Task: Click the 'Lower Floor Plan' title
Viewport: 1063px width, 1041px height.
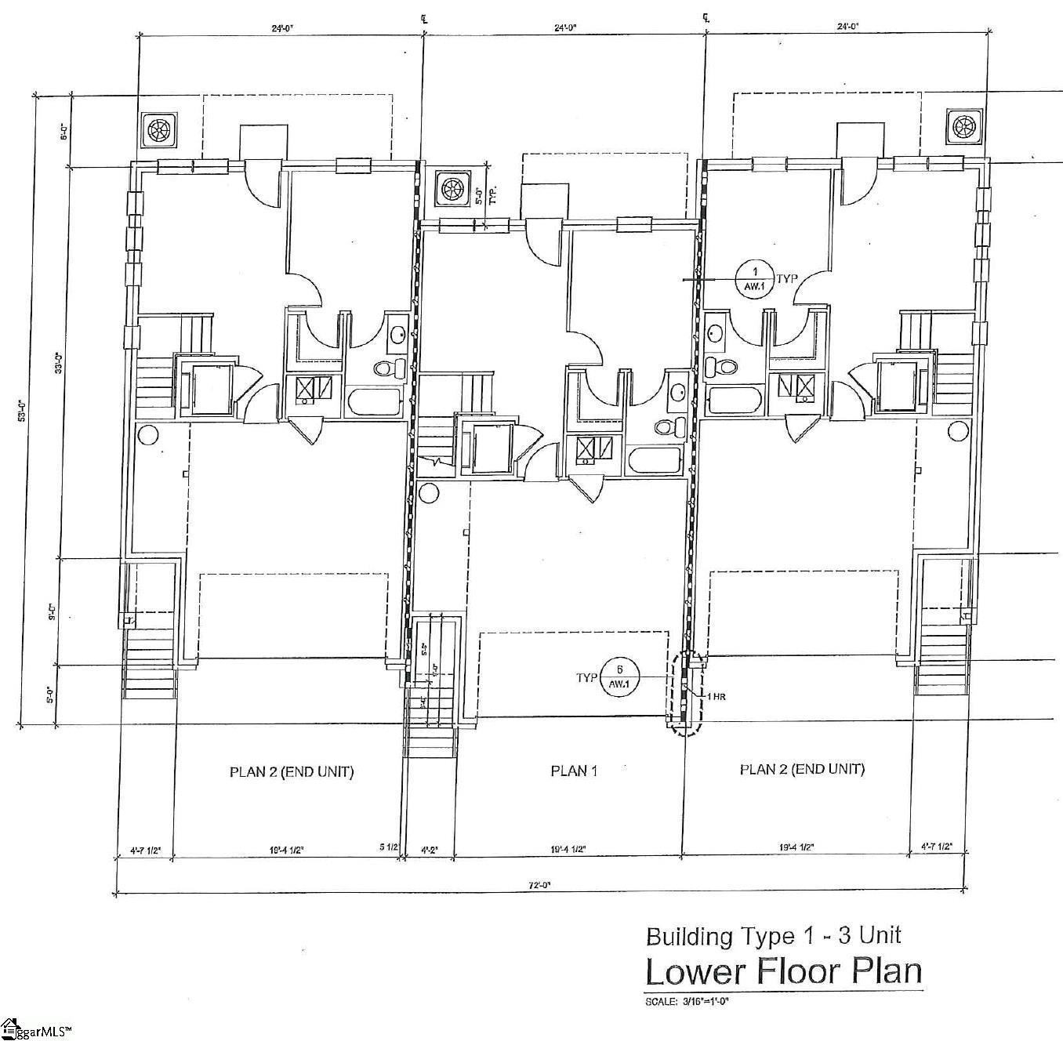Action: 782,970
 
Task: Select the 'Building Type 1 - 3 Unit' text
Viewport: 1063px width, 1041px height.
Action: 773,935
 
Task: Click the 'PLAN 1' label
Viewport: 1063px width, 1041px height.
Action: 574,771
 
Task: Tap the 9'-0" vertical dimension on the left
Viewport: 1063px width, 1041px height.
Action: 53,611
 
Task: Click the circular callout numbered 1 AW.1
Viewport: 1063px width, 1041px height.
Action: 755,278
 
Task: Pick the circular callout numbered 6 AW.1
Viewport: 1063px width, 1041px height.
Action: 620,677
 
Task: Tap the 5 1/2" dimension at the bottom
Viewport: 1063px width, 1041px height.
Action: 390,847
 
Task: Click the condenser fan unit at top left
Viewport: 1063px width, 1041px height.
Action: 159,129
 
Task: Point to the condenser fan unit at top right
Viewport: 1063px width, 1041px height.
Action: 963,125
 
